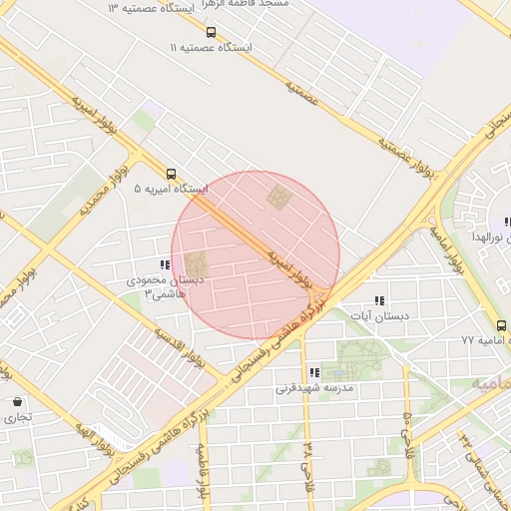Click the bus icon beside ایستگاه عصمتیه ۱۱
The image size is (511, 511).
[211, 32]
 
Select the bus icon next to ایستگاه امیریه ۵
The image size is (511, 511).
[172, 173]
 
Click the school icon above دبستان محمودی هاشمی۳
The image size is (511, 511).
[164, 264]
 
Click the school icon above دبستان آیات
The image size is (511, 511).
[378, 300]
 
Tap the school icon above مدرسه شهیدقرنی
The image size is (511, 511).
[314, 372]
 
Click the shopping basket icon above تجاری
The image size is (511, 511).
[17, 401]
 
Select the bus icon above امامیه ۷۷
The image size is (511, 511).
[501, 325]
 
